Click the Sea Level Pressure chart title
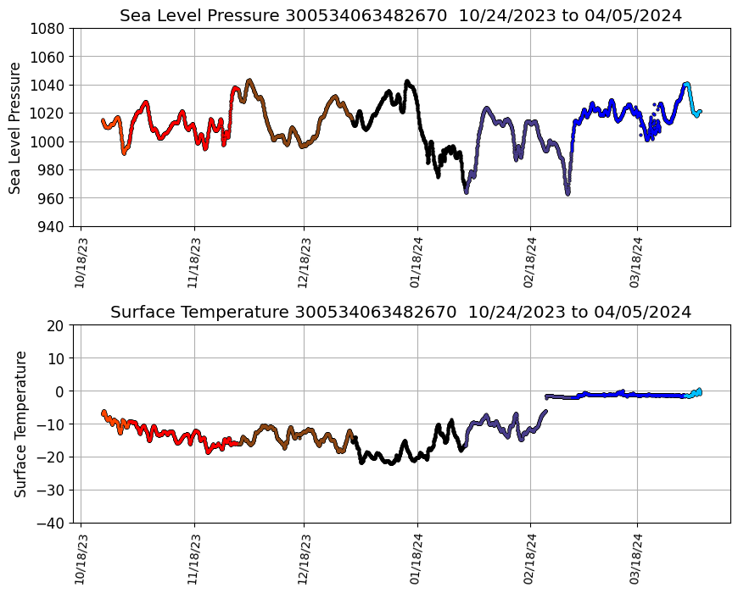400,15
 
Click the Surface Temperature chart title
400,312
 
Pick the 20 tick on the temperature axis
57,325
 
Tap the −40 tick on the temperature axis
53,523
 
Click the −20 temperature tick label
53,457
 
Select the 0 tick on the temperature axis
61,391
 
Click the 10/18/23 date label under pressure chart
81,263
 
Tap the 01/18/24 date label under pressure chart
417,263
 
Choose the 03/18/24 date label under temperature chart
637,559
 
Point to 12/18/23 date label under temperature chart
304,559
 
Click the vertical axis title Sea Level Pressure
15,127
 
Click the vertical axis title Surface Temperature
20,424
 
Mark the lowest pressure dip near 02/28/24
567,192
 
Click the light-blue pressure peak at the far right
686,84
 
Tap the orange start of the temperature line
104,413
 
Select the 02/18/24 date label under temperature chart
530,559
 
